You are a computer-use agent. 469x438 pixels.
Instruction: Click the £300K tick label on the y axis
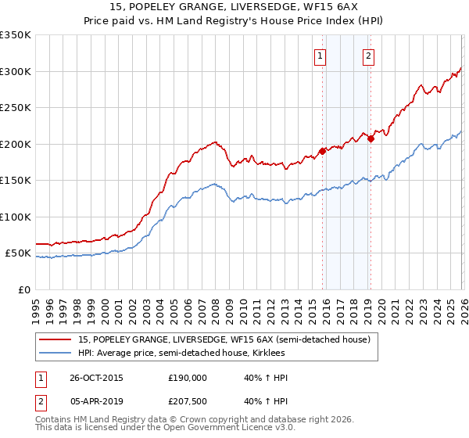click(16, 71)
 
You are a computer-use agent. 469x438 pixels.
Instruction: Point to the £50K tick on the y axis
click(18, 253)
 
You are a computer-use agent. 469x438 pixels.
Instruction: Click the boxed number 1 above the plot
click(320, 56)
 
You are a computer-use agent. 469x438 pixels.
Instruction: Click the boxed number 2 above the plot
click(368, 56)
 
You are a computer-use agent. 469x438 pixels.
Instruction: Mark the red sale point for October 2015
click(322, 151)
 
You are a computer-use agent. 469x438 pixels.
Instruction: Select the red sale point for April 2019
click(371, 139)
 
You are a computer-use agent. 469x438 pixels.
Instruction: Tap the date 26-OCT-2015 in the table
click(90, 378)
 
